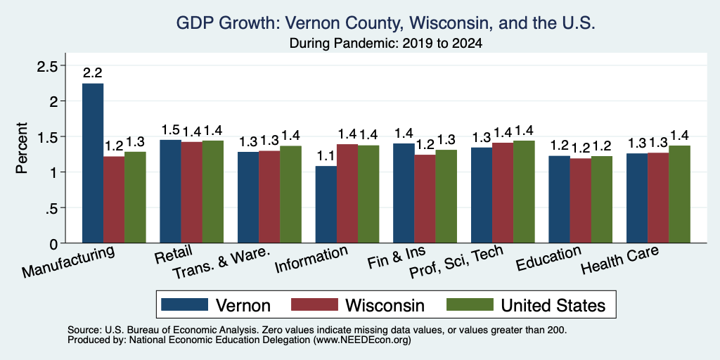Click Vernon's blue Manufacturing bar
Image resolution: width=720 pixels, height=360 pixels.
point(93,163)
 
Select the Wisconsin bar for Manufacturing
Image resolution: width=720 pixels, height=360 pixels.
point(114,200)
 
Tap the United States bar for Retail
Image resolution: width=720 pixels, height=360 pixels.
point(213,191)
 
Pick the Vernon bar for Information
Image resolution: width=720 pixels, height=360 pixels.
point(326,205)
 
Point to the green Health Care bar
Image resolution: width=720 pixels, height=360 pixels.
point(680,194)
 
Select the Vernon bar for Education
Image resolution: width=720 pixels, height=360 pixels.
point(559,199)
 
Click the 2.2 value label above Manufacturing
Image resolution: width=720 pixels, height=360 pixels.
point(93,72)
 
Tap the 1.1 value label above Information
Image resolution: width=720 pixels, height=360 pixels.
point(326,157)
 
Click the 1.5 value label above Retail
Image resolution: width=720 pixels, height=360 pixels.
point(171,130)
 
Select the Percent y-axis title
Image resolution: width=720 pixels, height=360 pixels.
point(22,148)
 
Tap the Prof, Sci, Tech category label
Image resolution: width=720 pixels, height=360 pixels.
point(456,262)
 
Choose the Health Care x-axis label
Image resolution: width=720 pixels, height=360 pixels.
point(620,259)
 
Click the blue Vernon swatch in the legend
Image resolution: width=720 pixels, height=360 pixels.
point(185,304)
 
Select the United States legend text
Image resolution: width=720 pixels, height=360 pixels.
point(553,305)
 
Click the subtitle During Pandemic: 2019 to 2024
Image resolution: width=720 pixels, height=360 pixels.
point(386,44)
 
